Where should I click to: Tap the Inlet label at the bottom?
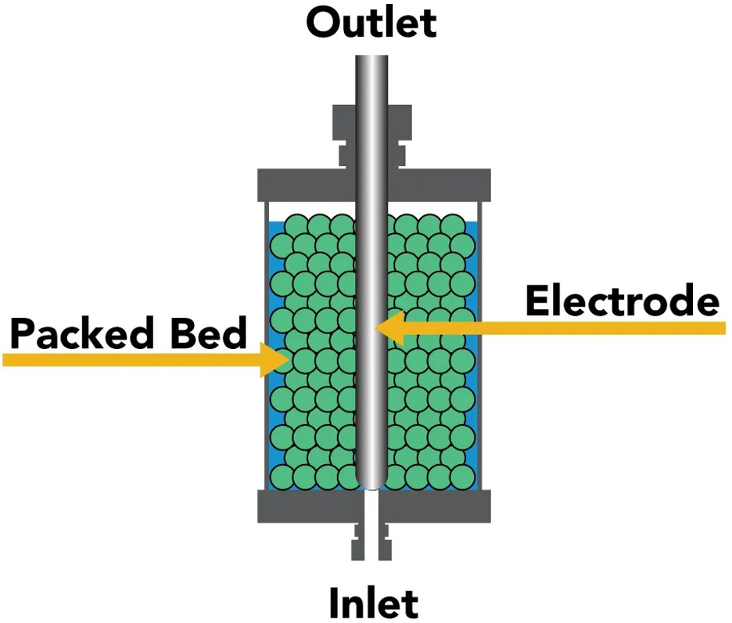(x=373, y=603)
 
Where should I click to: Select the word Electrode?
(x=622, y=301)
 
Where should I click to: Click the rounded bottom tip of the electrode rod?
(x=371, y=480)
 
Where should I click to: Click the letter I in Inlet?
(x=332, y=603)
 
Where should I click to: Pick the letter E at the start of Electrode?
(x=537, y=301)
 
